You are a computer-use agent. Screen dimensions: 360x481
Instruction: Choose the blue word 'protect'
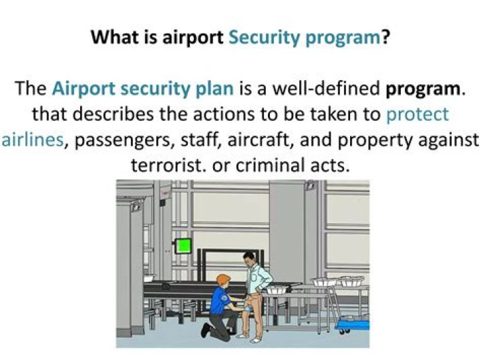click(418, 114)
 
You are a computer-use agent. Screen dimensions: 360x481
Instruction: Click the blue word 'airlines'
click(32, 140)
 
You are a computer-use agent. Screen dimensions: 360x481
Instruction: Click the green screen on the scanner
click(183, 245)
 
